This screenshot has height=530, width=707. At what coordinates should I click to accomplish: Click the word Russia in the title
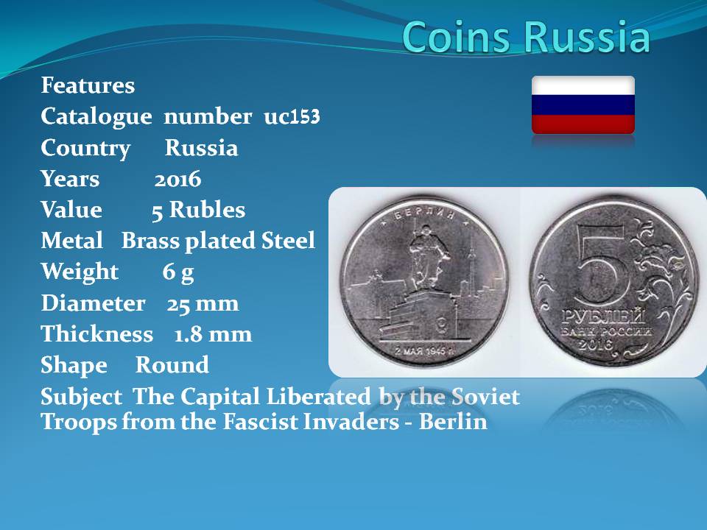(x=587, y=37)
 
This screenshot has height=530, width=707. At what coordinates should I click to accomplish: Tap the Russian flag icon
(x=583, y=105)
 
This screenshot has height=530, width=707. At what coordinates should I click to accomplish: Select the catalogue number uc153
(x=292, y=117)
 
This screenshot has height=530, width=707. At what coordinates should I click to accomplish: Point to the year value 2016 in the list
(x=177, y=180)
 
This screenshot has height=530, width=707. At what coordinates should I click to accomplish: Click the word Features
(x=88, y=85)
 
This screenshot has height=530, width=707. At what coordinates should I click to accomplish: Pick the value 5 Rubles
(x=198, y=211)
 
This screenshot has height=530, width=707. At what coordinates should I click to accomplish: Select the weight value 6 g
(x=178, y=272)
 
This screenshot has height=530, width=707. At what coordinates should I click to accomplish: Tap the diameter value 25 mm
(x=203, y=304)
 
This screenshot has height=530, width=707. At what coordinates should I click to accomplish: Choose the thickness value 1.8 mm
(x=213, y=334)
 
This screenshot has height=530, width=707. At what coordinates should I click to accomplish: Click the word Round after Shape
(x=172, y=364)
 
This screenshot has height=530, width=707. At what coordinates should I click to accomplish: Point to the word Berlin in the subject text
(x=453, y=422)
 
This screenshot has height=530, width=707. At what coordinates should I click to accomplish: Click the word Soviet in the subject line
(x=485, y=397)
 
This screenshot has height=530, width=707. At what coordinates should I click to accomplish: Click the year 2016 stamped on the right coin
(x=595, y=344)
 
